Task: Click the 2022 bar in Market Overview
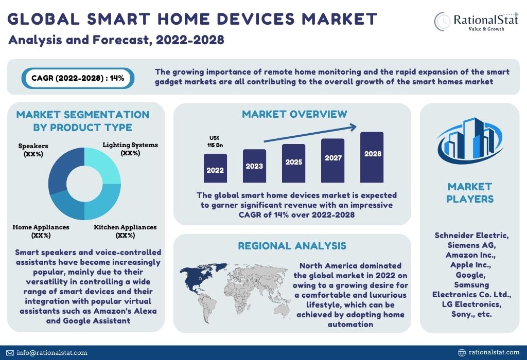tap(215, 168)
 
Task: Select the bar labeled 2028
tap(372, 157)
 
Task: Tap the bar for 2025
tap(294, 163)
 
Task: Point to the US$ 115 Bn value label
tap(215, 141)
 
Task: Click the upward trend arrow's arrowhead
tap(353, 127)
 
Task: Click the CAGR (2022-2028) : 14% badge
tap(78, 78)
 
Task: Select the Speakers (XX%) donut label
tap(33, 150)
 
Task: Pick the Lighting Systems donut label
tap(130, 149)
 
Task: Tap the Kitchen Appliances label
tap(125, 231)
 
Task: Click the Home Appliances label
tap(41, 231)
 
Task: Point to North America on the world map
tap(195, 278)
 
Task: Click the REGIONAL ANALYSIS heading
tap(292, 246)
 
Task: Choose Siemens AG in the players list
tap(471, 245)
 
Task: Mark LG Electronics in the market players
tap(471, 304)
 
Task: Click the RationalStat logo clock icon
tap(442, 22)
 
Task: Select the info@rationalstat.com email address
tap(52, 353)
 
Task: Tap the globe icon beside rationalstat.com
tap(462, 352)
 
